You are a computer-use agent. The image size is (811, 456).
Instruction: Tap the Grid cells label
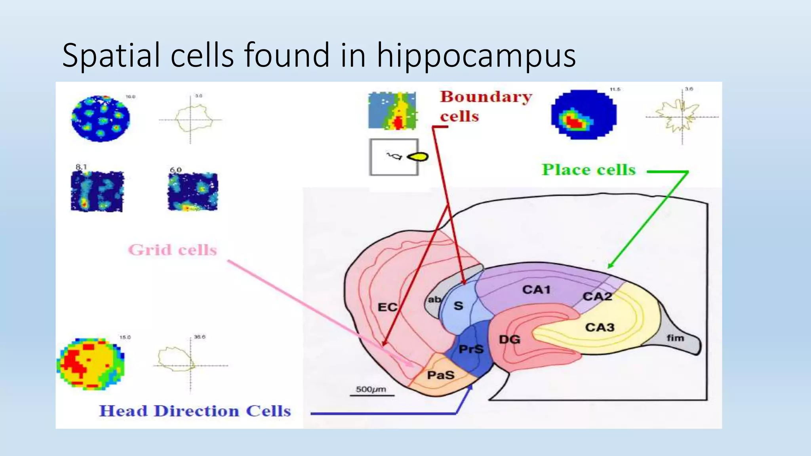pyautogui.click(x=173, y=250)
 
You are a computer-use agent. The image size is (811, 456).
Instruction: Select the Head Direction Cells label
pyautogui.click(x=195, y=411)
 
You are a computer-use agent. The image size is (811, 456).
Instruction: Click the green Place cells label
pyautogui.click(x=588, y=170)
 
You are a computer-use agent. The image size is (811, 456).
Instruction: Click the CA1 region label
pyautogui.click(x=536, y=290)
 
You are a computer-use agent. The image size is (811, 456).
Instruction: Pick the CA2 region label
pyautogui.click(x=597, y=296)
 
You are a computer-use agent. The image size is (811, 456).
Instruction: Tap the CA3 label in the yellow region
pyautogui.click(x=600, y=327)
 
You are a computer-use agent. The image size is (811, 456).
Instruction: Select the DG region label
pyautogui.click(x=509, y=339)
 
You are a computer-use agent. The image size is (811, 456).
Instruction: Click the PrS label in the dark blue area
pyautogui.click(x=471, y=349)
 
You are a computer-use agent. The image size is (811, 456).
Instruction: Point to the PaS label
pyautogui.click(x=440, y=375)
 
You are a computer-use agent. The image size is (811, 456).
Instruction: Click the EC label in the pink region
pyautogui.click(x=387, y=307)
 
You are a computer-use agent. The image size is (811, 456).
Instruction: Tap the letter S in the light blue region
pyautogui.click(x=458, y=306)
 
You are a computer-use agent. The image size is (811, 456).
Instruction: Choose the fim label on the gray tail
pyautogui.click(x=675, y=338)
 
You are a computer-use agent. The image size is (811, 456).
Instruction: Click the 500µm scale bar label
pyautogui.click(x=371, y=389)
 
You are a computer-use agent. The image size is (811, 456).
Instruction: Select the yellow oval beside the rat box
pyautogui.click(x=418, y=157)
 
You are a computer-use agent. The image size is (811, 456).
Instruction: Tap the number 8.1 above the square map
pyautogui.click(x=81, y=167)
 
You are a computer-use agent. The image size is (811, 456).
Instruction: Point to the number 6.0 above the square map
pyautogui.click(x=175, y=170)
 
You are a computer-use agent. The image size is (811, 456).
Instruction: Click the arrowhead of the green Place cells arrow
pyautogui.click(x=610, y=266)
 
